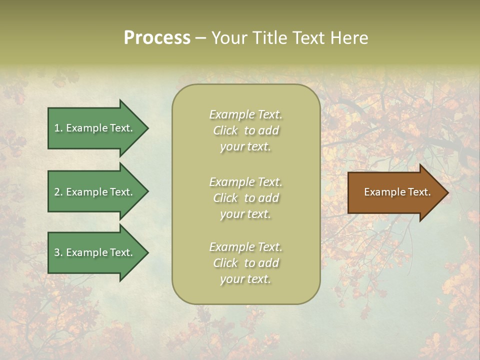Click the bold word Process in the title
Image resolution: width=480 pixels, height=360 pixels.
pos(157,38)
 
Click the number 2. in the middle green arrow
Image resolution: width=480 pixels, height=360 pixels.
pos(58,192)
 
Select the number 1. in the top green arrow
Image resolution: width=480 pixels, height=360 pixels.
pos(58,128)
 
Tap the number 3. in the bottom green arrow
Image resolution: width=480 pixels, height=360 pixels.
pos(58,252)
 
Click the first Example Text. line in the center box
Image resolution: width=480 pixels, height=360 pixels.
pos(245,114)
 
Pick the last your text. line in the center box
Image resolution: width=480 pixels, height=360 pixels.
pos(245,279)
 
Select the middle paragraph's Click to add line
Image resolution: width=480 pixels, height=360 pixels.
pos(245,198)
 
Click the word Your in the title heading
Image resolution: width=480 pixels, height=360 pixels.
pos(228,38)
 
